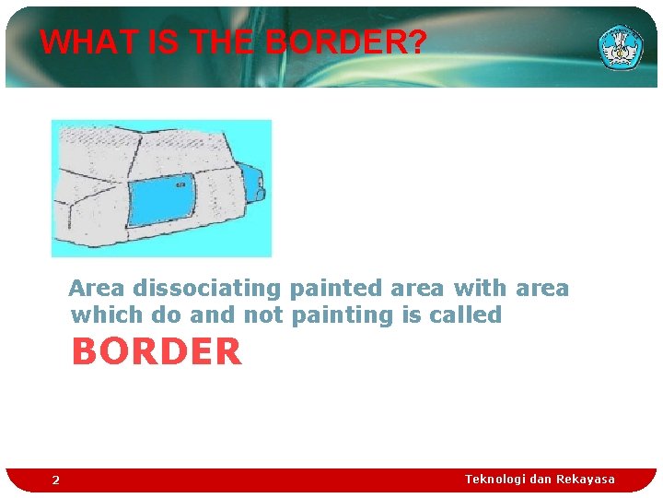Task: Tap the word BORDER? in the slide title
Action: click(x=345, y=42)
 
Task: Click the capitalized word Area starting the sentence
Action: click(x=97, y=289)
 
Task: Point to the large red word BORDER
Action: click(x=157, y=351)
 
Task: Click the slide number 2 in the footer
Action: click(x=55, y=480)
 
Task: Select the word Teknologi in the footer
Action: click(x=495, y=479)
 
